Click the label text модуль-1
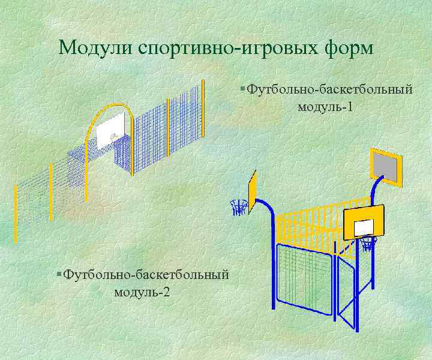325,107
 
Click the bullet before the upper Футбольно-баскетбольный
241,90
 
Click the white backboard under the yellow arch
110,131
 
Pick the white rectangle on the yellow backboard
364,227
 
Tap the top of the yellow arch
108,106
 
